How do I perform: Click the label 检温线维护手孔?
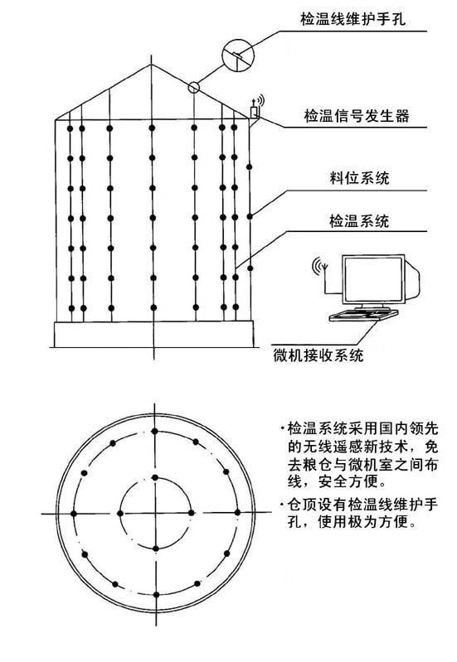352,19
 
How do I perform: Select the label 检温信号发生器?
357,115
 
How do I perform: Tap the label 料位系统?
359,178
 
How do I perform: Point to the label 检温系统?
359,221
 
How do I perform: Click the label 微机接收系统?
318,355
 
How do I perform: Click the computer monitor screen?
372,279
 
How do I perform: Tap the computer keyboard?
363,315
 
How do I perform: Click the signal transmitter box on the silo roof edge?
254,113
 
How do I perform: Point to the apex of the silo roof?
151,65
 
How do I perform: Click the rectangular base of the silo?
154,334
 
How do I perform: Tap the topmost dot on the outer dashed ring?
155,431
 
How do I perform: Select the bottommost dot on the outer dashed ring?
156,595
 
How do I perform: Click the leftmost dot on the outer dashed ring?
74,514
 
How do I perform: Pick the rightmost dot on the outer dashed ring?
237,512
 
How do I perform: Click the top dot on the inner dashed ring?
155,477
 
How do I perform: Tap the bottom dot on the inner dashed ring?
156,548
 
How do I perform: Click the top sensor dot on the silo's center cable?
152,127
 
